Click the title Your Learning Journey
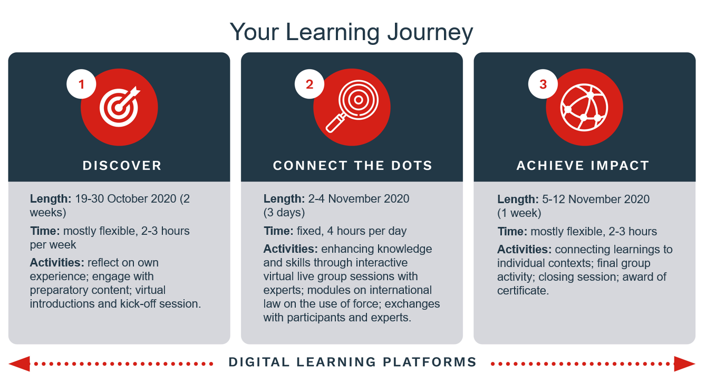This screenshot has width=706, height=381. tap(351, 33)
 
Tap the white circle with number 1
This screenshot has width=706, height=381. tap(81, 84)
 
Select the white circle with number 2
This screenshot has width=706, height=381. tap(310, 84)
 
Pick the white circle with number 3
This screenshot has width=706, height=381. tap(543, 84)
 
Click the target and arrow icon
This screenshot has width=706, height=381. tap(120, 107)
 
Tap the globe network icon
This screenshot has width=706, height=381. tap(584, 107)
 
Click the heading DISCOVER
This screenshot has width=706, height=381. tap(122, 166)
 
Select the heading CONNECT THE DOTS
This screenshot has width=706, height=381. tap(352, 166)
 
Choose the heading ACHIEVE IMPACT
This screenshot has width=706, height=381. tap(583, 166)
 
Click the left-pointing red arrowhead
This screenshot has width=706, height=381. tap(19, 364)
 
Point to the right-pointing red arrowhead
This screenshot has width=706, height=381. tap(684, 364)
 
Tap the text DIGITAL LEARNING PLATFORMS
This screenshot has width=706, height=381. tap(352, 362)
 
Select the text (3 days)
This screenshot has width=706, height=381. tap(284, 213)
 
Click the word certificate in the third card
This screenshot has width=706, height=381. tap(523, 290)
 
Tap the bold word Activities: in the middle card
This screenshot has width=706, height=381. tap(291, 249)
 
